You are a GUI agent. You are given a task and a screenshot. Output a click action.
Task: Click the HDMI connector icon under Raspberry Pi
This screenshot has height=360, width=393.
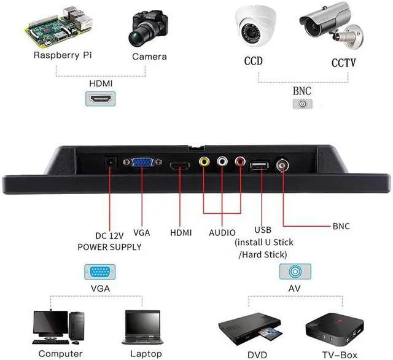(99, 98)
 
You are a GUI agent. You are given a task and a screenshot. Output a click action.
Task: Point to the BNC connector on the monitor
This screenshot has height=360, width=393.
(284, 165)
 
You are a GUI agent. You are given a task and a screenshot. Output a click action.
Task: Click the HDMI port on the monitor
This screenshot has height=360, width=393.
(181, 166)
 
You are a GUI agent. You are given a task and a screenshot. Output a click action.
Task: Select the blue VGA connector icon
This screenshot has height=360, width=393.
(100, 272)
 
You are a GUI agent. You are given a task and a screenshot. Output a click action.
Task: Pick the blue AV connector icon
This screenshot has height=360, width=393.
(295, 272)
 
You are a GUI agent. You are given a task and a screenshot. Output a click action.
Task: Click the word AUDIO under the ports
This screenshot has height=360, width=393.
(222, 232)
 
